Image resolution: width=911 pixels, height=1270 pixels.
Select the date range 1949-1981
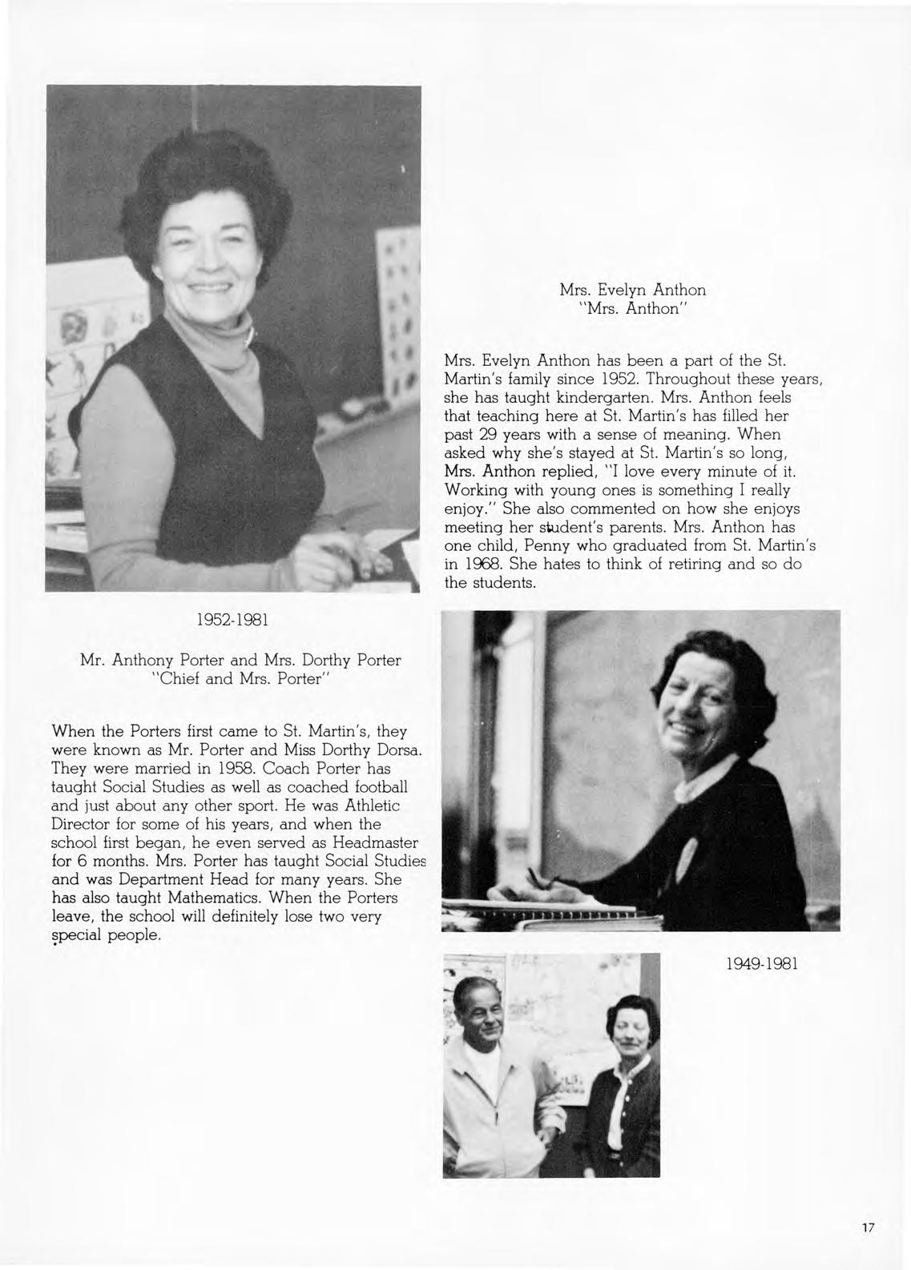(760, 965)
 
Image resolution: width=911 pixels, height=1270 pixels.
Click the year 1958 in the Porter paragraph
(236, 769)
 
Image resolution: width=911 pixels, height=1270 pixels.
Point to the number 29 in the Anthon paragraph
(486, 434)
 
